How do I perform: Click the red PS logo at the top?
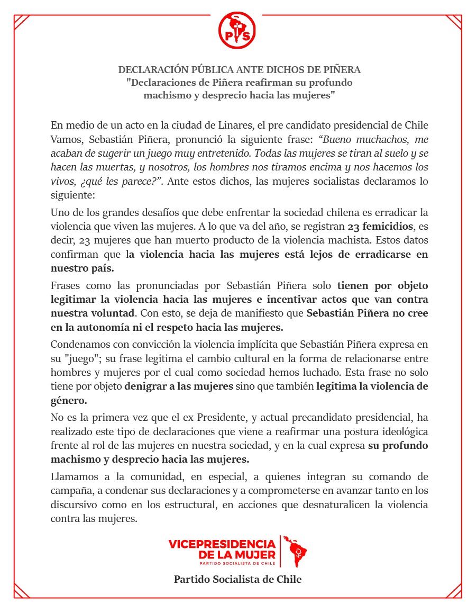point(237,30)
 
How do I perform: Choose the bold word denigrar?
point(144,386)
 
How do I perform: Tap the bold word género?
point(69,400)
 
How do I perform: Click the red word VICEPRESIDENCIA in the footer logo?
point(222,544)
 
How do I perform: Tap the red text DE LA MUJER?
point(237,555)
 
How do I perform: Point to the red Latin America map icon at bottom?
point(295,551)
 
